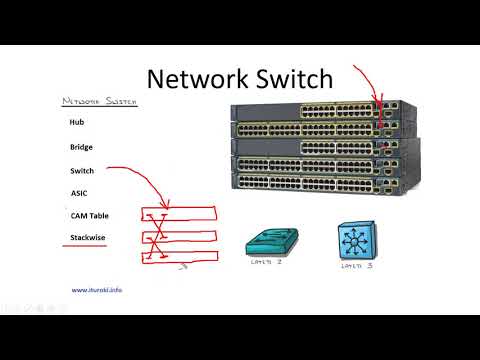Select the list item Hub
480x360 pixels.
[x=76, y=123]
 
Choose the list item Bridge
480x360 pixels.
[x=81, y=147]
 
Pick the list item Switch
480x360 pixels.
[x=82, y=170]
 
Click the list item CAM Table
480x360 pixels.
[x=89, y=215]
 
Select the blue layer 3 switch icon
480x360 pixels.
[x=356, y=241]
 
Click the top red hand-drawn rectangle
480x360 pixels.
[x=180, y=213]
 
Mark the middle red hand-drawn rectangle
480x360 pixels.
[x=180, y=236]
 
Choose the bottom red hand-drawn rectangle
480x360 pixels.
[x=180, y=257]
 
